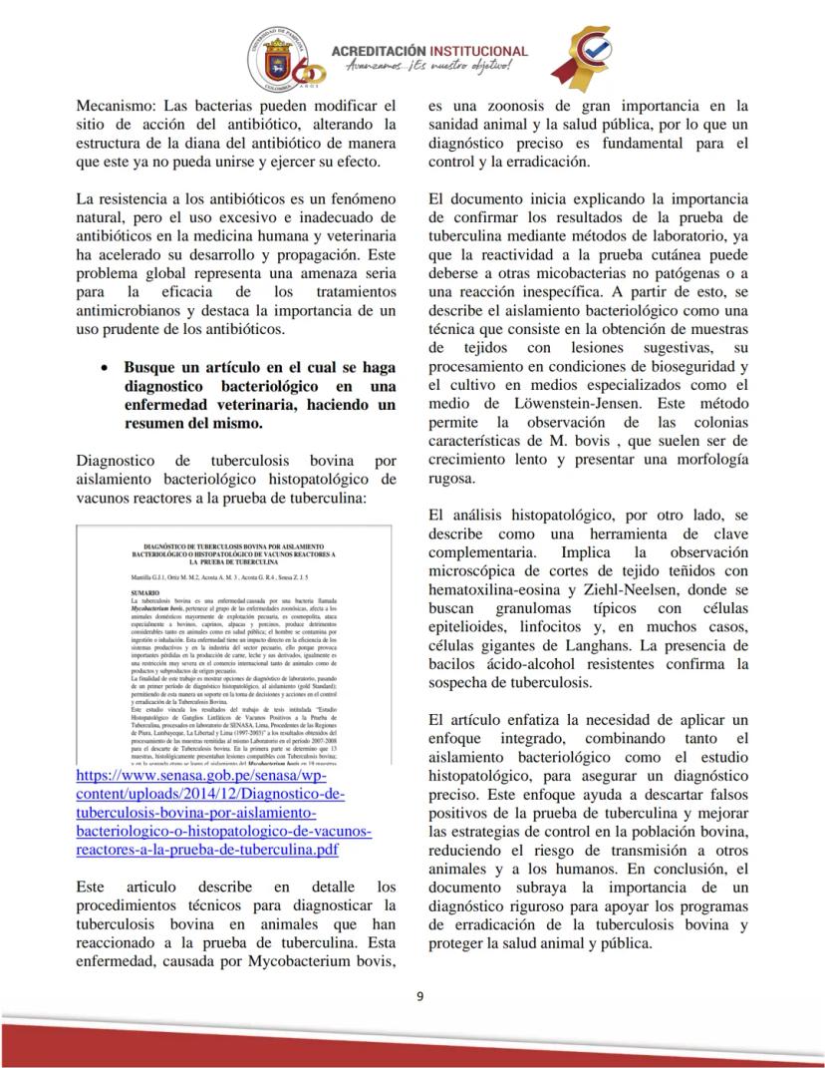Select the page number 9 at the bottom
click(x=419, y=994)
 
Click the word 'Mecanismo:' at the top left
click(x=115, y=105)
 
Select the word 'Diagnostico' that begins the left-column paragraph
click(x=116, y=461)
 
